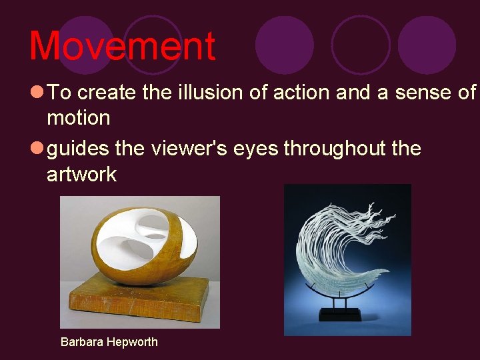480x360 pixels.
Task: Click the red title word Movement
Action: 122,45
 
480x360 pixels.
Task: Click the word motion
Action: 78,118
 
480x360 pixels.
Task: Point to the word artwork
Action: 81,175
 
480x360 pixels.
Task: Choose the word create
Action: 109,92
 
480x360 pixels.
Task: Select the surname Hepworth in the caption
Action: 133,342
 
